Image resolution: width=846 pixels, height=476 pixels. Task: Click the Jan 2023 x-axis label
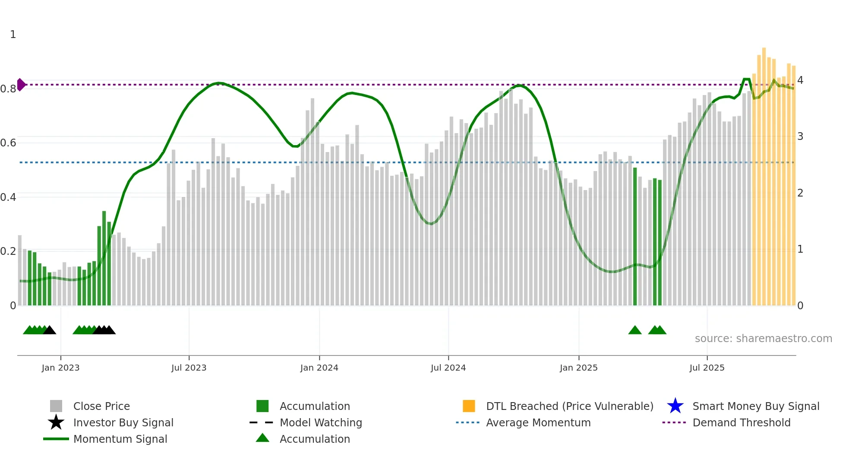point(60,368)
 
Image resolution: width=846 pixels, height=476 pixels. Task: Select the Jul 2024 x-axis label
point(448,368)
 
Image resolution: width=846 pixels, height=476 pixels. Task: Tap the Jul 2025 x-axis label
point(707,368)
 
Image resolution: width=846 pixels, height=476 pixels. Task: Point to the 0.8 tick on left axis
point(8,89)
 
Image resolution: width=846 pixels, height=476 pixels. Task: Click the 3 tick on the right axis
point(800,136)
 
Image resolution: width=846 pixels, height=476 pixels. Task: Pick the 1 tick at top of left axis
point(13,35)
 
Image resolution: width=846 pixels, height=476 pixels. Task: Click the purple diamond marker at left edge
point(21,85)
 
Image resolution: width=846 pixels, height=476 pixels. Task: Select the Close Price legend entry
point(101,406)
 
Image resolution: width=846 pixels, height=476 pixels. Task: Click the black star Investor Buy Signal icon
point(56,422)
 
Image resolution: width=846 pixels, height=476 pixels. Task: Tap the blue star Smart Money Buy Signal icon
point(675,406)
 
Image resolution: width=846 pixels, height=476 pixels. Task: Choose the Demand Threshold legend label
point(741,422)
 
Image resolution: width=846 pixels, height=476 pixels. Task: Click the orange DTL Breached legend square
point(468,406)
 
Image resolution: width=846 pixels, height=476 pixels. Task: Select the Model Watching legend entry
point(321,422)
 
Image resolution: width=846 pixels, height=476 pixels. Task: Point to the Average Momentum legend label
point(538,422)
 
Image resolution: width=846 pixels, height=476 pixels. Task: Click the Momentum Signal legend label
point(120,439)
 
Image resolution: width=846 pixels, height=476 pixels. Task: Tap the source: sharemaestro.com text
point(763,339)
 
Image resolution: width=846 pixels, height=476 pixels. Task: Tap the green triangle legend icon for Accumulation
point(262,438)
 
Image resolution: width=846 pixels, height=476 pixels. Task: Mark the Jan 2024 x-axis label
point(319,368)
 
